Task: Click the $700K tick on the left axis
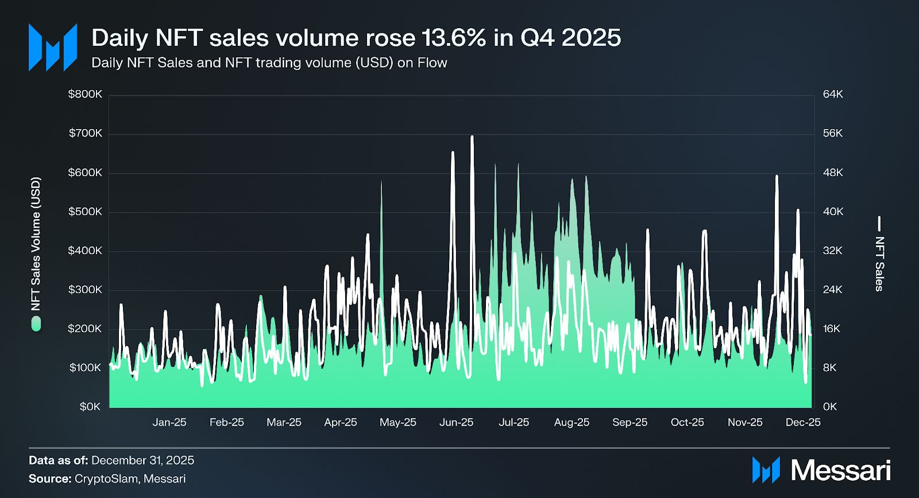pos(85,134)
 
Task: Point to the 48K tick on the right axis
pos(832,173)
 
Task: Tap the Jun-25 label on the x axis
pos(456,422)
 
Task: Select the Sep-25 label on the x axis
pos(630,422)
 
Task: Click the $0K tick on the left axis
pos(90,407)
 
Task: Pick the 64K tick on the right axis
pos(832,94)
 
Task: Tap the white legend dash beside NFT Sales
pos(879,223)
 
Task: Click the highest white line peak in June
pos(472,137)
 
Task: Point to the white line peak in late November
pos(777,176)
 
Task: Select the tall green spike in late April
pos(381,182)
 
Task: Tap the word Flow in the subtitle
pos(432,63)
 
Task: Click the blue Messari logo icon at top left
pos(53,48)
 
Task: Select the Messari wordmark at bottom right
pos(840,470)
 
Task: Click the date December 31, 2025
pos(142,460)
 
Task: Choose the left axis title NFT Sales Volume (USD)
pos(36,244)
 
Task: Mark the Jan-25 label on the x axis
pos(169,422)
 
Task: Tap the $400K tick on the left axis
pos(85,251)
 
